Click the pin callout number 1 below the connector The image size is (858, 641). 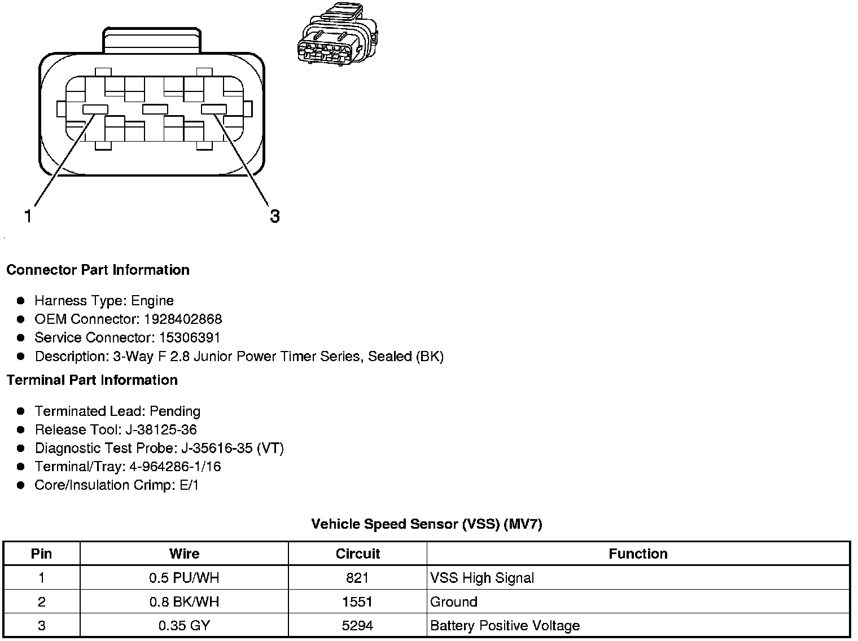coord(28,216)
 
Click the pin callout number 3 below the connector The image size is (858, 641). coord(274,216)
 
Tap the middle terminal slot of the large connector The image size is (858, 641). coord(155,109)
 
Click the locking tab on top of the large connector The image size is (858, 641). coord(151,41)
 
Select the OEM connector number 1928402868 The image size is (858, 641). coord(183,319)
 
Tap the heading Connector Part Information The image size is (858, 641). coord(98,270)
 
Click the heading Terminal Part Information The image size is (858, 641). coord(92,380)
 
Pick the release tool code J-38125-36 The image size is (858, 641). coord(161,430)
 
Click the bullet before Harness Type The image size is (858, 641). coord(21,301)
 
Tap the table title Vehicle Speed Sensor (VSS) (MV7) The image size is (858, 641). coord(426,524)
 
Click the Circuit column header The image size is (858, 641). coord(357,554)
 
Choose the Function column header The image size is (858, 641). coord(638,554)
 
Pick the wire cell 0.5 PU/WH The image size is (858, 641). coord(184,578)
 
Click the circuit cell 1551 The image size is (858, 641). coord(357,602)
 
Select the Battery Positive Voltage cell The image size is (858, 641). coord(505,626)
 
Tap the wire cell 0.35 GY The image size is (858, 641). coord(184,626)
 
